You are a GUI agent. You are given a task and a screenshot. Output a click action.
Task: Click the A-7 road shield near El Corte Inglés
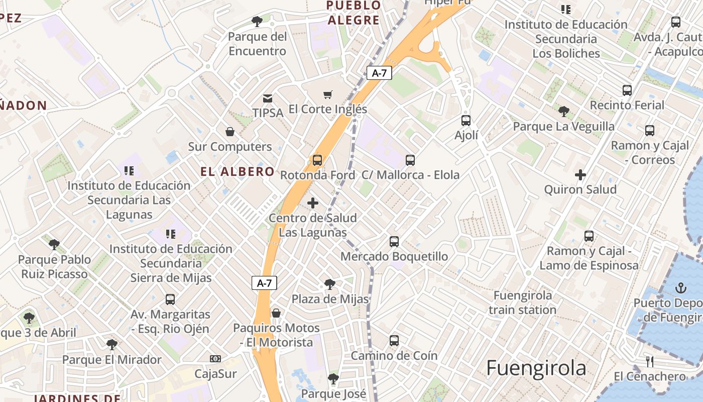pyautogui.click(x=379, y=73)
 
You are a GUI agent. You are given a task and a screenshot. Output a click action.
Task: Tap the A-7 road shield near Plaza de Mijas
pyautogui.click(x=264, y=283)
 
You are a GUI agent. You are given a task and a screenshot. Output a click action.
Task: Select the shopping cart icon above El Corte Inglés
pyautogui.click(x=328, y=94)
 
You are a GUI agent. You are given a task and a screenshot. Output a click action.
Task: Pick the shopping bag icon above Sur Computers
pyautogui.click(x=230, y=132)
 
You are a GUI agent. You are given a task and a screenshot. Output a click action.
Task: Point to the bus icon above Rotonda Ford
pyautogui.click(x=317, y=160)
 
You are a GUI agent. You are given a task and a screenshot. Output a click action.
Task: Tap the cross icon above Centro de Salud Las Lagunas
pyautogui.click(x=313, y=203)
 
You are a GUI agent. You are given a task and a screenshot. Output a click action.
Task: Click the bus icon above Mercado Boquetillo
pyautogui.click(x=394, y=241)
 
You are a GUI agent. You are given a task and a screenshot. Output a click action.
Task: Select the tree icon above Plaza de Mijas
pyautogui.click(x=330, y=284)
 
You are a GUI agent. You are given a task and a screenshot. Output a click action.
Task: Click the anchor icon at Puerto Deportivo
pyautogui.click(x=681, y=288)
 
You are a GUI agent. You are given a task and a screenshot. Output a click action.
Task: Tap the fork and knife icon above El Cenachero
pyautogui.click(x=650, y=361)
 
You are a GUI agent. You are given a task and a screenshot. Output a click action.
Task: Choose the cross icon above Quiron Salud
pyautogui.click(x=580, y=175)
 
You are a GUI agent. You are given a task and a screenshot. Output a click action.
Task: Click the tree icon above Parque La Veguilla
pyautogui.click(x=564, y=111)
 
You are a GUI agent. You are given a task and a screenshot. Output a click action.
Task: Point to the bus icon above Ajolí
pyautogui.click(x=466, y=120)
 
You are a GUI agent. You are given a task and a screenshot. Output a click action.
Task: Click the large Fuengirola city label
pyautogui.click(x=536, y=368)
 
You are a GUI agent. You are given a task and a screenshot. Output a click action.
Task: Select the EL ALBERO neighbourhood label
pyautogui.click(x=238, y=172)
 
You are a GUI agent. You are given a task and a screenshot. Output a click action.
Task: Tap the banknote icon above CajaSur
pyautogui.click(x=215, y=359)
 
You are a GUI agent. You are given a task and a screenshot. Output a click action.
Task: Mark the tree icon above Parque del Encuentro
pyautogui.click(x=257, y=22)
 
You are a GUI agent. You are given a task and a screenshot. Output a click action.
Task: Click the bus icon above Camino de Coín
pyautogui.click(x=394, y=341)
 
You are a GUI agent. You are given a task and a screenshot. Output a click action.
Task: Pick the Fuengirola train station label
pyautogui.click(x=523, y=303)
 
